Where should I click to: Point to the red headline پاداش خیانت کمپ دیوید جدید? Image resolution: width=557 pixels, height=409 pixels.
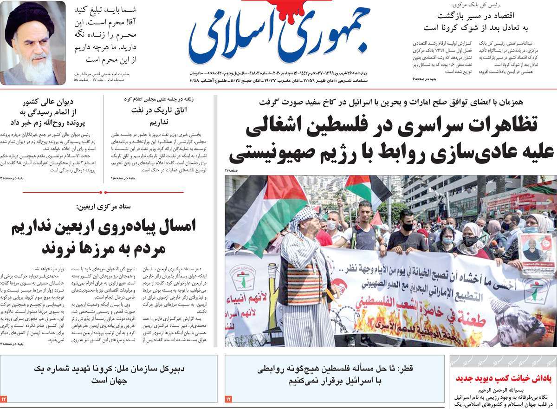pos(502,378)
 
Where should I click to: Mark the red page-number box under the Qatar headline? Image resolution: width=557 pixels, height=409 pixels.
pos(228,398)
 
